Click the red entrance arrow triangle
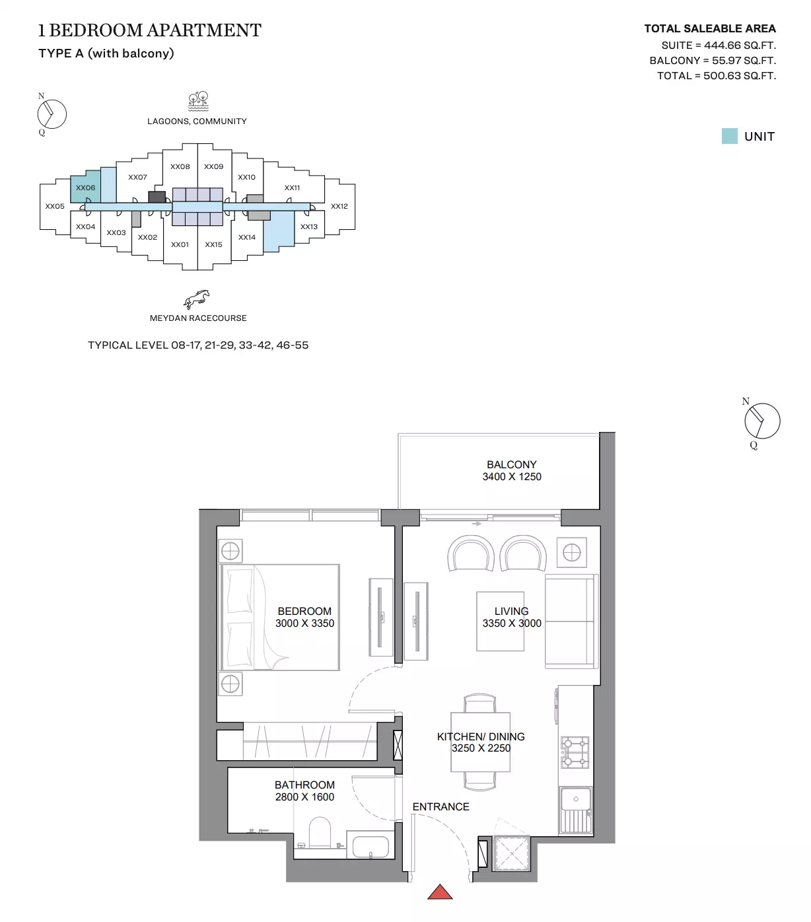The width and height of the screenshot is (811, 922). pyautogui.click(x=440, y=892)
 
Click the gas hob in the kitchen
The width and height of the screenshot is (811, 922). pyautogui.click(x=575, y=752)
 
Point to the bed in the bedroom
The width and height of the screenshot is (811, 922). pyautogui.click(x=279, y=617)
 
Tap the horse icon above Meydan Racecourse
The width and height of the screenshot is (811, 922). pyautogui.click(x=197, y=299)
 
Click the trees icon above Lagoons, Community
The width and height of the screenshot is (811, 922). pyautogui.click(x=198, y=101)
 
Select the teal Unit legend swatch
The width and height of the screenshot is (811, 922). pyautogui.click(x=730, y=136)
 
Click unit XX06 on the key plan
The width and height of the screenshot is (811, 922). pyautogui.click(x=86, y=187)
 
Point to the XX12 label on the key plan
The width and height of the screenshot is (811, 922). pyautogui.click(x=339, y=206)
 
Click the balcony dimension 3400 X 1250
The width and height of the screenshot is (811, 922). pyautogui.click(x=512, y=476)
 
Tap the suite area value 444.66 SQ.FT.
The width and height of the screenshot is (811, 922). pyautogui.click(x=740, y=46)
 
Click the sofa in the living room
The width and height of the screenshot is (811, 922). pyautogui.click(x=572, y=621)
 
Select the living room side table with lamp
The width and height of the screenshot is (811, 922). pyautogui.click(x=572, y=552)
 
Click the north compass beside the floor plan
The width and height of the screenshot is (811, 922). pyautogui.click(x=762, y=421)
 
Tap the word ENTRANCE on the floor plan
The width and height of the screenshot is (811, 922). pyautogui.click(x=441, y=807)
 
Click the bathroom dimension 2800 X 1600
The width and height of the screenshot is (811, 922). pyautogui.click(x=304, y=797)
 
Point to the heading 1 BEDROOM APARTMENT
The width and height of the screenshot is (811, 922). pyautogui.click(x=150, y=30)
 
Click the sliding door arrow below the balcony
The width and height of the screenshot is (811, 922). pyautogui.click(x=477, y=524)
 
